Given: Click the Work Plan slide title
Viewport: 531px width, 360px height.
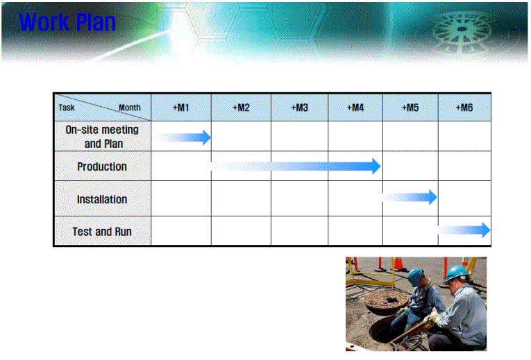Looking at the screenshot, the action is [x=67, y=22].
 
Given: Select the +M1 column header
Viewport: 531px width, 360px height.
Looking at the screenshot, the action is [x=181, y=108].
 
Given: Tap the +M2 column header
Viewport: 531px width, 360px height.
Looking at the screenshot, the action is [x=241, y=108].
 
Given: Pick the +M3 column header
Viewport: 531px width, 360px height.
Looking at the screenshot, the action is [x=299, y=108].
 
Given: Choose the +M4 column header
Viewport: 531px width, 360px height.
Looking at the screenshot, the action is [x=355, y=108].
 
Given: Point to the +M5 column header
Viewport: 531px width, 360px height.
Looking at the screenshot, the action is [x=410, y=108].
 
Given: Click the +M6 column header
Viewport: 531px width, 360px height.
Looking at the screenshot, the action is [x=464, y=108].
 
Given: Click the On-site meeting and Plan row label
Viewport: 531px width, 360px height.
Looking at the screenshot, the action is [x=102, y=137].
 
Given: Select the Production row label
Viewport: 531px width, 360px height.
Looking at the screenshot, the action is [x=102, y=166].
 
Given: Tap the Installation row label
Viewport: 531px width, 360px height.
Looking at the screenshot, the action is [x=102, y=199].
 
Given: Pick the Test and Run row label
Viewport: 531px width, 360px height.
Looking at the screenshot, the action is [x=102, y=232].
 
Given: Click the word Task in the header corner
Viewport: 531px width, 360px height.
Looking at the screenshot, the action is [x=67, y=108].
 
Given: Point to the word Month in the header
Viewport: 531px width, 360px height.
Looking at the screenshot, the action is [x=129, y=108].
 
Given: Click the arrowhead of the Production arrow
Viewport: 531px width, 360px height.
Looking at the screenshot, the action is [x=377, y=166].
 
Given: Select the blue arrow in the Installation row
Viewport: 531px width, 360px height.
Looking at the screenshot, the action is [x=410, y=197].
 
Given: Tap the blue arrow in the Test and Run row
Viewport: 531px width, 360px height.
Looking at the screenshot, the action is [x=464, y=230].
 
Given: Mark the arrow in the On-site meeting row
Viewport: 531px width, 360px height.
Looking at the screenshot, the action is [x=183, y=137].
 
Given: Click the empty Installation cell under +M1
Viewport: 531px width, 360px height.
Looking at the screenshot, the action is [x=181, y=198].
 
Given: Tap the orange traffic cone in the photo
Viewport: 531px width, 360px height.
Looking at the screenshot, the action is [x=398, y=264].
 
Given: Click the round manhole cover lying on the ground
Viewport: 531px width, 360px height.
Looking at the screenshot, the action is [x=387, y=300].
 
